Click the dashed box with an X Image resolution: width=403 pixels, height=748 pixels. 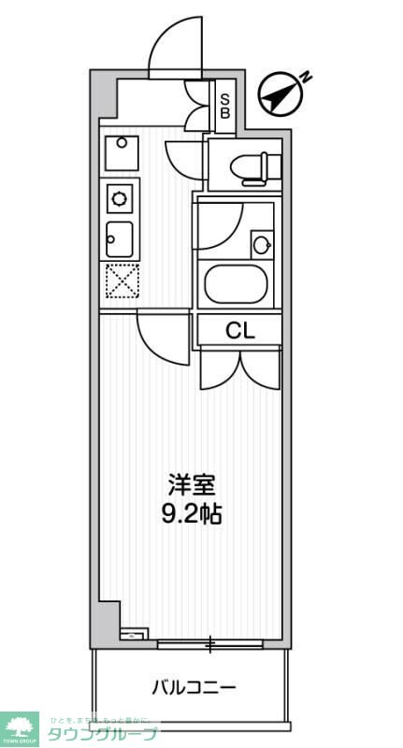click(x=122, y=281)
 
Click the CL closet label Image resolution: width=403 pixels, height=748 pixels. click(x=238, y=329)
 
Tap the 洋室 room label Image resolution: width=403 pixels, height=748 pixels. click(x=193, y=485)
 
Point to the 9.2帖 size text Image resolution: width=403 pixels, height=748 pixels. click(x=193, y=513)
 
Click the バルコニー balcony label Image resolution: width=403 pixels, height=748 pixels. click(x=194, y=688)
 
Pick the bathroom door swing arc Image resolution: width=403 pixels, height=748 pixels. click(x=222, y=224)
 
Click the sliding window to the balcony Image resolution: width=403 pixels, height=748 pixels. click(x=210, y=643)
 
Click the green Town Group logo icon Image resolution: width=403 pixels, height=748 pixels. click(x=21, y=728)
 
